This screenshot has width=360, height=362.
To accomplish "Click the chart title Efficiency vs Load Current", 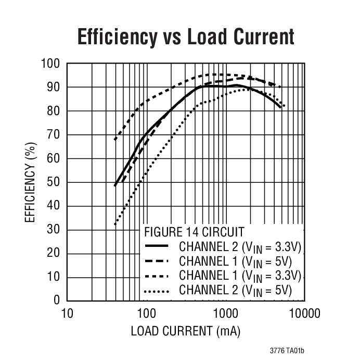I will [x=186, y=37].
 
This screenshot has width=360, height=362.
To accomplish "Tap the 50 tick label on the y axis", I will [x=54, y=182].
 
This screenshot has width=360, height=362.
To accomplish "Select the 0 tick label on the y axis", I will [x=57, y=301].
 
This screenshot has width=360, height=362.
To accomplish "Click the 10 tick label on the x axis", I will [x=67, y=314].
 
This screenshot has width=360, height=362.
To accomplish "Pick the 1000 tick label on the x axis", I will [x=225, y=314].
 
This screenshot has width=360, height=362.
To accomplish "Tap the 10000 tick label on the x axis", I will [x=304, y=314].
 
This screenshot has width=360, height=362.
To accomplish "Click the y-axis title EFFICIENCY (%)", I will [x=31, y=182].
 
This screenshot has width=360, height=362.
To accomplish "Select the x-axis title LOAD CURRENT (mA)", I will [x=186, y=331].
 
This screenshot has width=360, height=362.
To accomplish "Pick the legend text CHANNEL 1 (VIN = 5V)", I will [x=236, y=260].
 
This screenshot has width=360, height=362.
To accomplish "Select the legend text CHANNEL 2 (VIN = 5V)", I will [x=236, y=290].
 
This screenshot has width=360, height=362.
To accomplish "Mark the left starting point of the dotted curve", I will [x=115, y=224].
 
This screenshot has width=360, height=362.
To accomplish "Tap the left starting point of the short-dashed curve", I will [x=115, y=140].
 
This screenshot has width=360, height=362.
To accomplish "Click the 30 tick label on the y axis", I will [x=54, y=230].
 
